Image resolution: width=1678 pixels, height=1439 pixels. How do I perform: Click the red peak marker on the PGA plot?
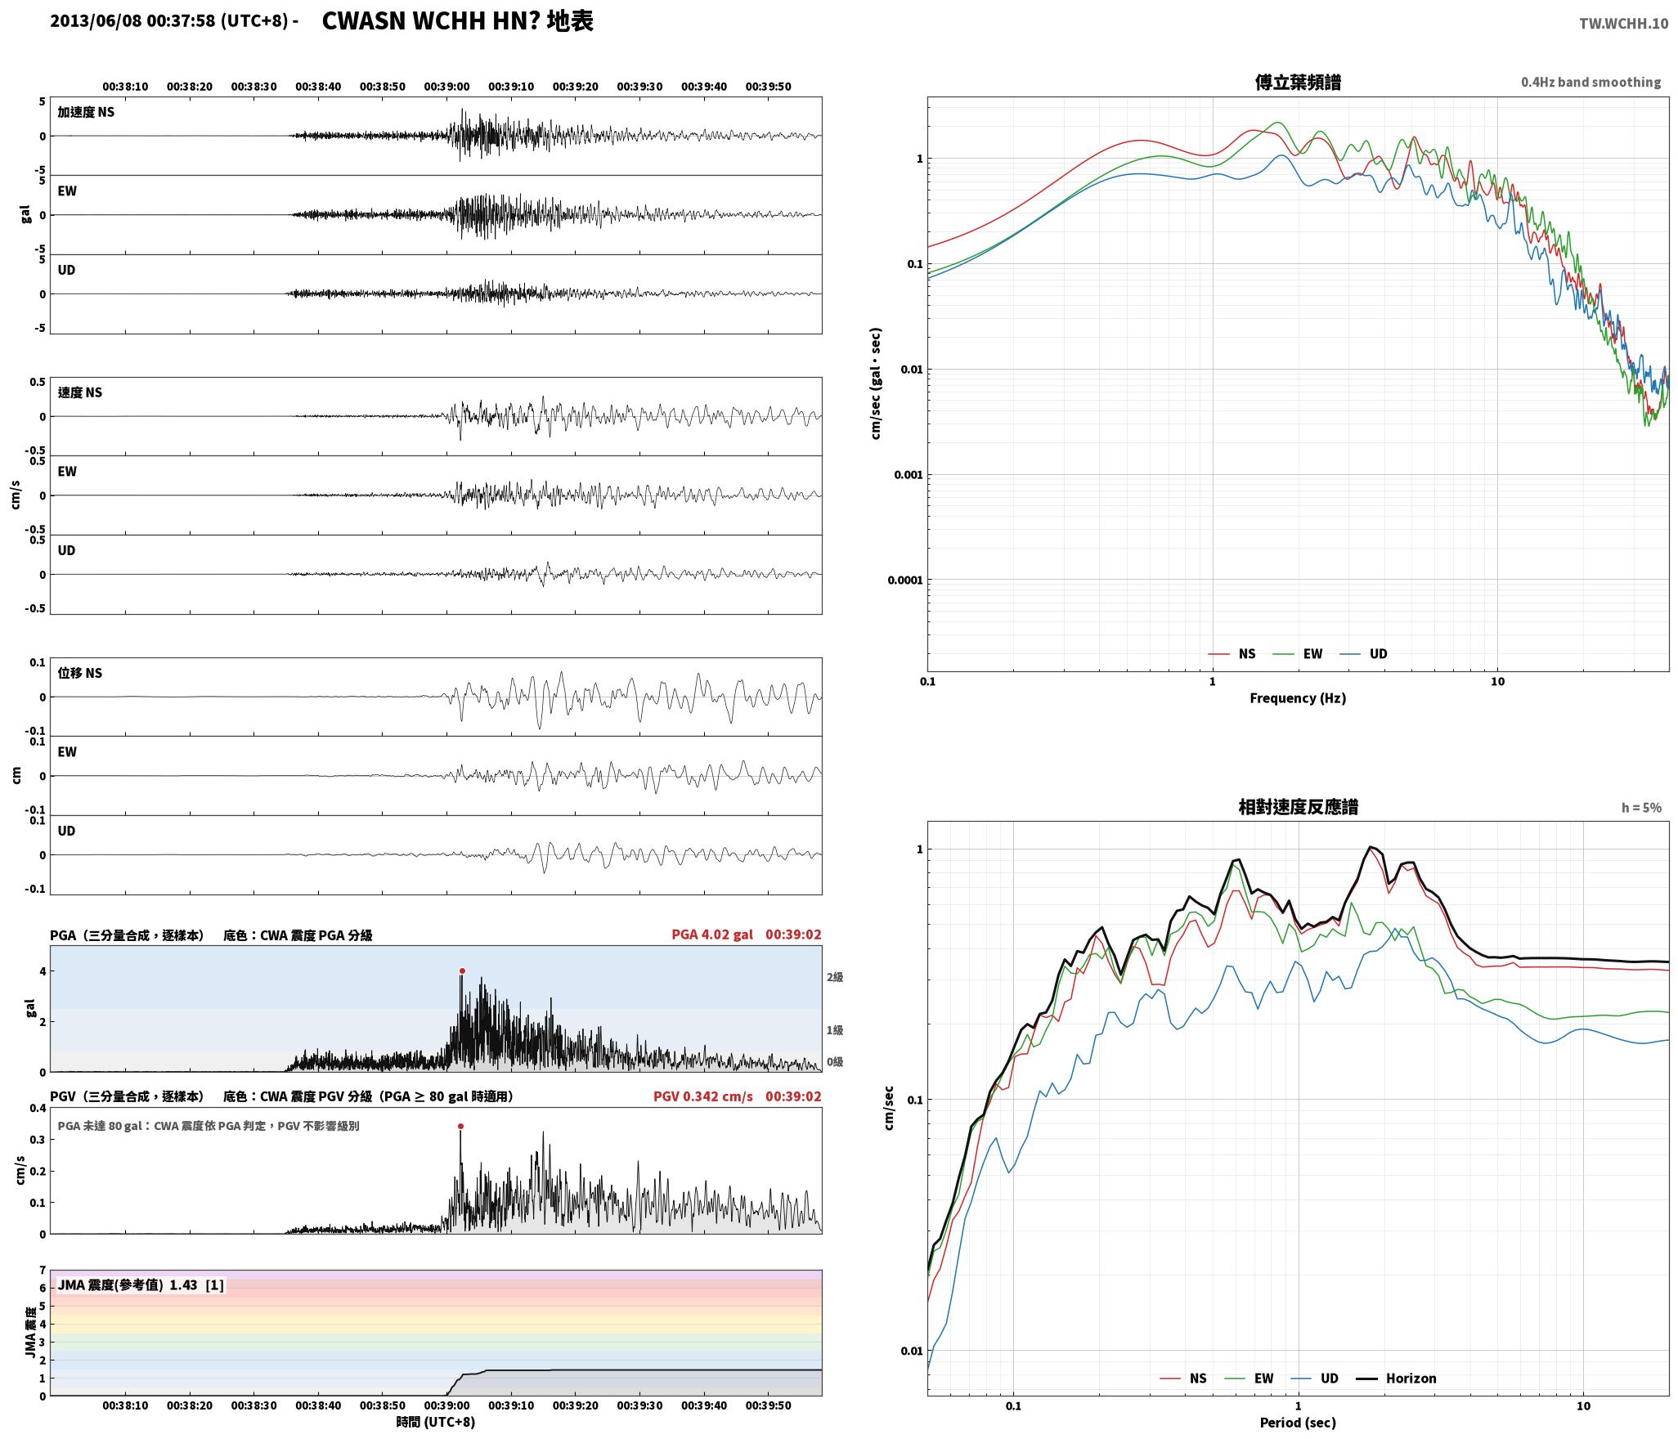coord(462,971)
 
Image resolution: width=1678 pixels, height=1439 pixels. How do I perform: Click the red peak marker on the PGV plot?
coord(460,1127)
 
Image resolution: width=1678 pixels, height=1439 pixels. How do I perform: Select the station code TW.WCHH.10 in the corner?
coord(1623,24)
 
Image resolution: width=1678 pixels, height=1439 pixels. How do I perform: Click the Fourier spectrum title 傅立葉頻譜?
coord(1298,83)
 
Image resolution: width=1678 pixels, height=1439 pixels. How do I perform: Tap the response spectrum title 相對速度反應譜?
coord(1298,808)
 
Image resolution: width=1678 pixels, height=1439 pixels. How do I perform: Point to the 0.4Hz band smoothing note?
coord(1591,83)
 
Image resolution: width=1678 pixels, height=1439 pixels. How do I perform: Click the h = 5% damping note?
coord(1641,808)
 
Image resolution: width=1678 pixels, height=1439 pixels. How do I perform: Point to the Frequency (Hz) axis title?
coord(1298,698)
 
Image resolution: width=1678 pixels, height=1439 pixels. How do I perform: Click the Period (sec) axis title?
coord(1298,1423)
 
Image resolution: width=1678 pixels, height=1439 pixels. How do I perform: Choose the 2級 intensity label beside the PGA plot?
coord(835,977)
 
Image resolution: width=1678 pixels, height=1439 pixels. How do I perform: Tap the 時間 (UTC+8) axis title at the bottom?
coord(436,1422)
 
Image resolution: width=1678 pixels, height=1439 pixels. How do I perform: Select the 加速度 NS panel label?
coord(86,113)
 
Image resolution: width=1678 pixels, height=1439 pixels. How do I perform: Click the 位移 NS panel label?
coord(80,674)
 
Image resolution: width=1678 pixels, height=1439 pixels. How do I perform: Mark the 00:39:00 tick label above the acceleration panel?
coord(446,87)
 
